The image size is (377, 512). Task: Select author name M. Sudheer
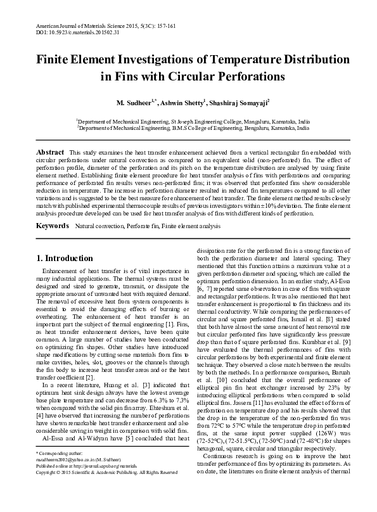[136, 102]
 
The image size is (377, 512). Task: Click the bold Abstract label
[51, 153]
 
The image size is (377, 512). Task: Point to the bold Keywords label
[52, 226]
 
